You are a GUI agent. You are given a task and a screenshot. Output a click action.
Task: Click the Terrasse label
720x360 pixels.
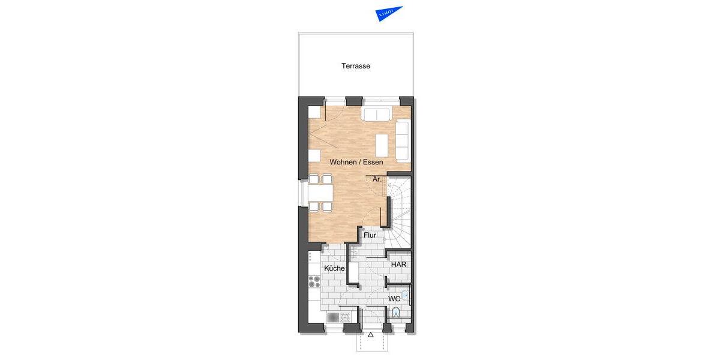tap(356, 66)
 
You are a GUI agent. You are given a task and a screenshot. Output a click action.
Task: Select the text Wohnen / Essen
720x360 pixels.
tap(356, 162)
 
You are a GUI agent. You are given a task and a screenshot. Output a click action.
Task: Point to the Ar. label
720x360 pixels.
tap(377, 179)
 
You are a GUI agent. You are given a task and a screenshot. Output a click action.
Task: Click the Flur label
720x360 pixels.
tap(370, 236)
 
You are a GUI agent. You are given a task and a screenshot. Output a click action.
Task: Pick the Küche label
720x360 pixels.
tap(334, 268)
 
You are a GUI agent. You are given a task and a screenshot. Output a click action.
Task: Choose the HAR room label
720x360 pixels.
tap(398, 265)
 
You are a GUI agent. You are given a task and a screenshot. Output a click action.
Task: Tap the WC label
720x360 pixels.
tap(394, 298)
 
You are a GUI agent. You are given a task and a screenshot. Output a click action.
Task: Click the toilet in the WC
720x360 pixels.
tap(396, 313)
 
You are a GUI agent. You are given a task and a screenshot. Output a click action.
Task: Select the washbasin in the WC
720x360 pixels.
tap(406, 295)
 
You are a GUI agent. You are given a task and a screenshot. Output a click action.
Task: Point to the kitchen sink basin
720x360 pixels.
tap(345, 317)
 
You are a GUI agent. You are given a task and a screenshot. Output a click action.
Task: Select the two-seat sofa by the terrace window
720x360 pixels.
tap(376, 115)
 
